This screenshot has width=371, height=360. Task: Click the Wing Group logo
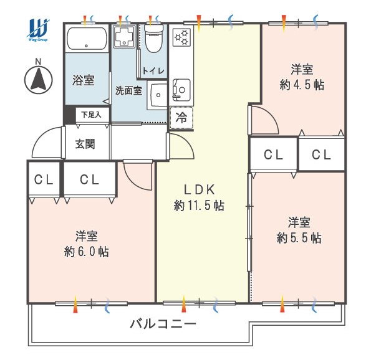point(38,29)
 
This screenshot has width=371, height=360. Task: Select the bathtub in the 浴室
point(87,39)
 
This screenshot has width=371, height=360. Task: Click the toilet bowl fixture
point(154,38)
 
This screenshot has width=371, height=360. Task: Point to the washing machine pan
point(124,36)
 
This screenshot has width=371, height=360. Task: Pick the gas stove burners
point(181,37)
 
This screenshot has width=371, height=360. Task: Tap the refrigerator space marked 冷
point(181,118)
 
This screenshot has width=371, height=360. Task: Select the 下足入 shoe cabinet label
point(91,115)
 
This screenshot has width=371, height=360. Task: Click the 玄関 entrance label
point(85,144)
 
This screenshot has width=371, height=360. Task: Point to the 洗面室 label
point(128,90)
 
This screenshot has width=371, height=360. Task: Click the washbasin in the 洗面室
point(157,95)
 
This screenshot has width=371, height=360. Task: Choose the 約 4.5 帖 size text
point(302,85)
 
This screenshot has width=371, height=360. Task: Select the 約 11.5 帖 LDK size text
point(199,206)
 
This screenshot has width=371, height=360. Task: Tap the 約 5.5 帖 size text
point(299,238)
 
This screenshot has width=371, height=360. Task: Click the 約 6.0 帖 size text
point(87,252)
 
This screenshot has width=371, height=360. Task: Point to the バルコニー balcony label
point(163,324)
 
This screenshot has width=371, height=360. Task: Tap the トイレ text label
point(153,70)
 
